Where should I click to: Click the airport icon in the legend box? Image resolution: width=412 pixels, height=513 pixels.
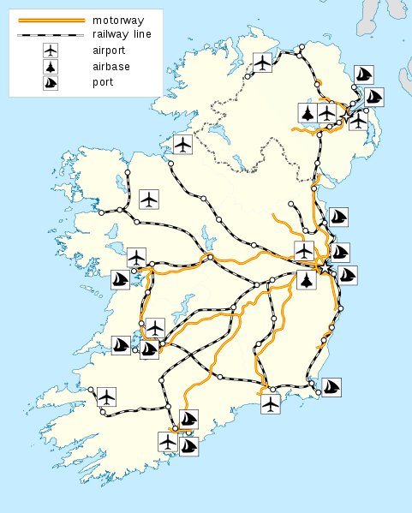tap(51, 51)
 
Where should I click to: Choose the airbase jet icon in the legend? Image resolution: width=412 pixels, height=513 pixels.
tap(51, 68)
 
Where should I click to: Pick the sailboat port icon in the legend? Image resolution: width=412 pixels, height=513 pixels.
tap(51, 83)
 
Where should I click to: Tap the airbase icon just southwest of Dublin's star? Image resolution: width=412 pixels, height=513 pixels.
tap(307, 281)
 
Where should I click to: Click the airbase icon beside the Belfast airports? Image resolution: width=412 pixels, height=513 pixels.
tap(308, 112)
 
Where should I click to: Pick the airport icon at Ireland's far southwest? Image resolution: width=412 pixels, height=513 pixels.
tap(105, 397)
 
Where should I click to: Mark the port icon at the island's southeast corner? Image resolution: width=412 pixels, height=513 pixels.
tap(331, 387)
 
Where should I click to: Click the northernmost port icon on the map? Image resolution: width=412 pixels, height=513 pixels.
tap(364, 75)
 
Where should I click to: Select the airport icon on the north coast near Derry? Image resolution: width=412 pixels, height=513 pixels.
tap(263, 63)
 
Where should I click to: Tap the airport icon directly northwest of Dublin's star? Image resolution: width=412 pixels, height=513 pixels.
tap(304, 251)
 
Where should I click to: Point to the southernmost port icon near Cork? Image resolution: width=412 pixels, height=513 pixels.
tap(188, 446)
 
